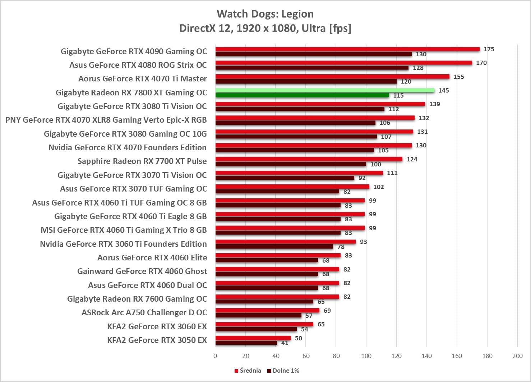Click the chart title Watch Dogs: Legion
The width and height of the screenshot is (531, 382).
tap(265, 14)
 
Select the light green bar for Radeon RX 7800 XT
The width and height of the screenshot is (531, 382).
tap(325, 90)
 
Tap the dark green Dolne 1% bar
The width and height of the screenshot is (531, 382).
tap(302, 95)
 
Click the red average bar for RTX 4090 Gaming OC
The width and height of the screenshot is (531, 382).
tap(347, 49)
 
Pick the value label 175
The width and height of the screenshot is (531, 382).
tap(489, 49)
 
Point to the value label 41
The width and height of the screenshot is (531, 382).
tap(285, 343)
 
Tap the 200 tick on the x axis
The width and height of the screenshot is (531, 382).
tap(517, 356)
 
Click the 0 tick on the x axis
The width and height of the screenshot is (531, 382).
tap(215, 356)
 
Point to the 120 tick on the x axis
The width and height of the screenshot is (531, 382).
tap(397, 356)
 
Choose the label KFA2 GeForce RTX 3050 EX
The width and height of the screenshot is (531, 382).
tap(157, 340)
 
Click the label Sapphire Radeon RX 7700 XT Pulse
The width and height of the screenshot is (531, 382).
tap(142, 161)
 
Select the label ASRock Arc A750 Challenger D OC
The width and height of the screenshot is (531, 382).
tap(144, 312)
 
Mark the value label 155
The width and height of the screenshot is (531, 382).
tap(458, 77)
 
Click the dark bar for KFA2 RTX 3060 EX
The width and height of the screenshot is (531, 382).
tap(256, 329)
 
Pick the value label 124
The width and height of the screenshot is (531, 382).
tap(412, 159)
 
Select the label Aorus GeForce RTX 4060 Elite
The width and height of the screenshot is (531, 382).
tap(152, 258)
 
